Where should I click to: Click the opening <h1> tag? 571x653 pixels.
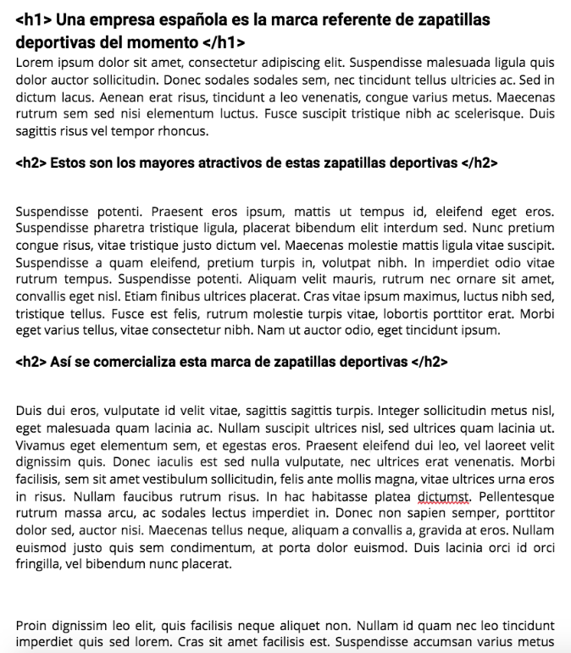[31, 19]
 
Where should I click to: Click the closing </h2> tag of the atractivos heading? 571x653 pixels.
[480, 163]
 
